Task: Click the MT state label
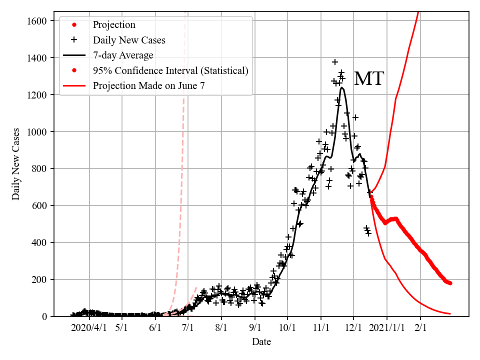(x=368, y=79)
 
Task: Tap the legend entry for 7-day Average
(x=123, y=55)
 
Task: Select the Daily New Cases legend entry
(x=129, y=40)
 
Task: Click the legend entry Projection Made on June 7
(x=148, y=86)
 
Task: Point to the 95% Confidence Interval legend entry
(x=170, y=70)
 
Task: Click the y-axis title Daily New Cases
(x=16, y=164)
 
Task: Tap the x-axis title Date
(x=261, y=342)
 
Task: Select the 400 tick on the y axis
(x=39, y=243)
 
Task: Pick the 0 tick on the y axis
(x=44, y=316)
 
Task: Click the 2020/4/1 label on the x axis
(x=88, y=328)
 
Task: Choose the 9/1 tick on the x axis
(x=255, y=328)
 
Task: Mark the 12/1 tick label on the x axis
(x=353, y=328)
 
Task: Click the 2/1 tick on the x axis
(x=420, y=328)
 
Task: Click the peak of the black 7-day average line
(x=342, y=88)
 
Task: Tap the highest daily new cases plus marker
(x=335, y=62)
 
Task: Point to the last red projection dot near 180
(x=450, y=283)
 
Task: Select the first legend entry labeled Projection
(x=114, y=24)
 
